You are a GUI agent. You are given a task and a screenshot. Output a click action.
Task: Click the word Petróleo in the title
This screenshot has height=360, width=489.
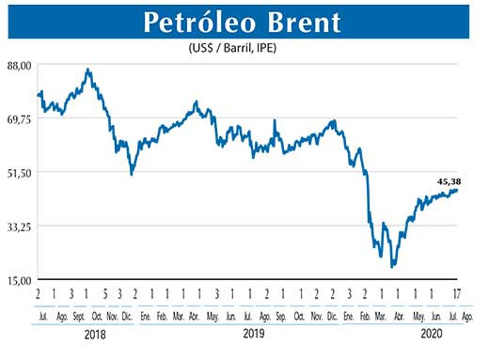196,21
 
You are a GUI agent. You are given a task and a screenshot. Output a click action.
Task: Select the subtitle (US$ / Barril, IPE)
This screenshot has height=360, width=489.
244,47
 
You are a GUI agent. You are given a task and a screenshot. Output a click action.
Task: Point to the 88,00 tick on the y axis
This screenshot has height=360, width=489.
20,64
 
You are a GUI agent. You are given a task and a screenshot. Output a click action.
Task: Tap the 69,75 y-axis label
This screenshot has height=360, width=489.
20,118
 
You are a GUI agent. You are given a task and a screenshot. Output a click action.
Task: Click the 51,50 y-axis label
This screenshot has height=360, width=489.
20,172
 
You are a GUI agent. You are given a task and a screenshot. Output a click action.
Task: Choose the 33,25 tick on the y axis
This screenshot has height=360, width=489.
20,227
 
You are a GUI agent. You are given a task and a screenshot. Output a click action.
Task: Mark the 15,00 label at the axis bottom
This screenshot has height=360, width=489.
20,280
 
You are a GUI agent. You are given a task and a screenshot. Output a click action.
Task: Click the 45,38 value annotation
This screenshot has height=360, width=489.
449,181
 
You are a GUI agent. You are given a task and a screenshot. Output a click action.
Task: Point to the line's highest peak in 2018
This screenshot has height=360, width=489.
87,70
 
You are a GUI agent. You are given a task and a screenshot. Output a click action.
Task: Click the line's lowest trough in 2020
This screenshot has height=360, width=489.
391,267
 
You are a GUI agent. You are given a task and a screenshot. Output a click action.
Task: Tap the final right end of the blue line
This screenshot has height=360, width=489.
458,190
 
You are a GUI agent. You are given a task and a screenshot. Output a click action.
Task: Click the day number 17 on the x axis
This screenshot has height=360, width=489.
458,293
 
